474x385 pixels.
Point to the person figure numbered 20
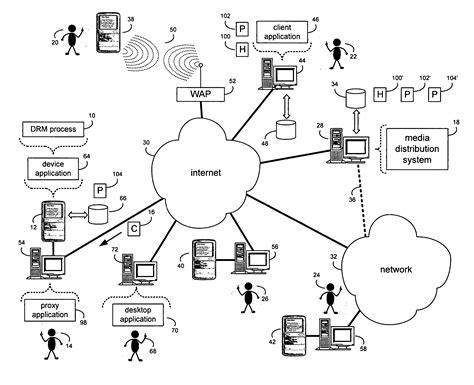point(70,40)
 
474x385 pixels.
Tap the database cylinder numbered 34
point(353,98)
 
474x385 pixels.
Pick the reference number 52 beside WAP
point(233,83)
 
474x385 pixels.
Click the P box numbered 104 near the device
point(99,190)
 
